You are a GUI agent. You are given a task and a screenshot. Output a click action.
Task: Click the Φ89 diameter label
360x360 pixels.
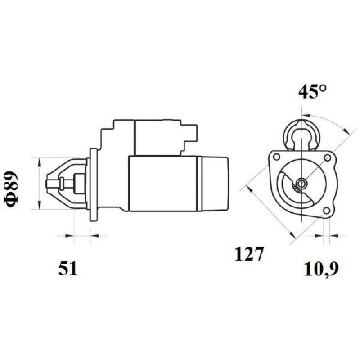pos(11,189)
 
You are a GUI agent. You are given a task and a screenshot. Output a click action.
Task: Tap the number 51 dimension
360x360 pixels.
pos(68,268)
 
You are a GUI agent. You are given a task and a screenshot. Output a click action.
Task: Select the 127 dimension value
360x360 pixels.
pos(248,254)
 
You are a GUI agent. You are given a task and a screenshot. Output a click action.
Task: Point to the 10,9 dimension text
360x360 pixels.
pos(321,269)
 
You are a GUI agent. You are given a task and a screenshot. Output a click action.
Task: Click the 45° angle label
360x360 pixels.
pos(312,91)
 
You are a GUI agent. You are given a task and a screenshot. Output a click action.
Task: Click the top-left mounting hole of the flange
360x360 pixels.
pos(277,157)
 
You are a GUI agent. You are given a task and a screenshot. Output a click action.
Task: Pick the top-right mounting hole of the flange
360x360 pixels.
pos(327,158)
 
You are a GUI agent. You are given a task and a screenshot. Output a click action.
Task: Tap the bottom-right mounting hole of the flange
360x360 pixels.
pos(326,210)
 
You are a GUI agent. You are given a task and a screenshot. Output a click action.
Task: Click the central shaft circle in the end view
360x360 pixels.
pos(301,183)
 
